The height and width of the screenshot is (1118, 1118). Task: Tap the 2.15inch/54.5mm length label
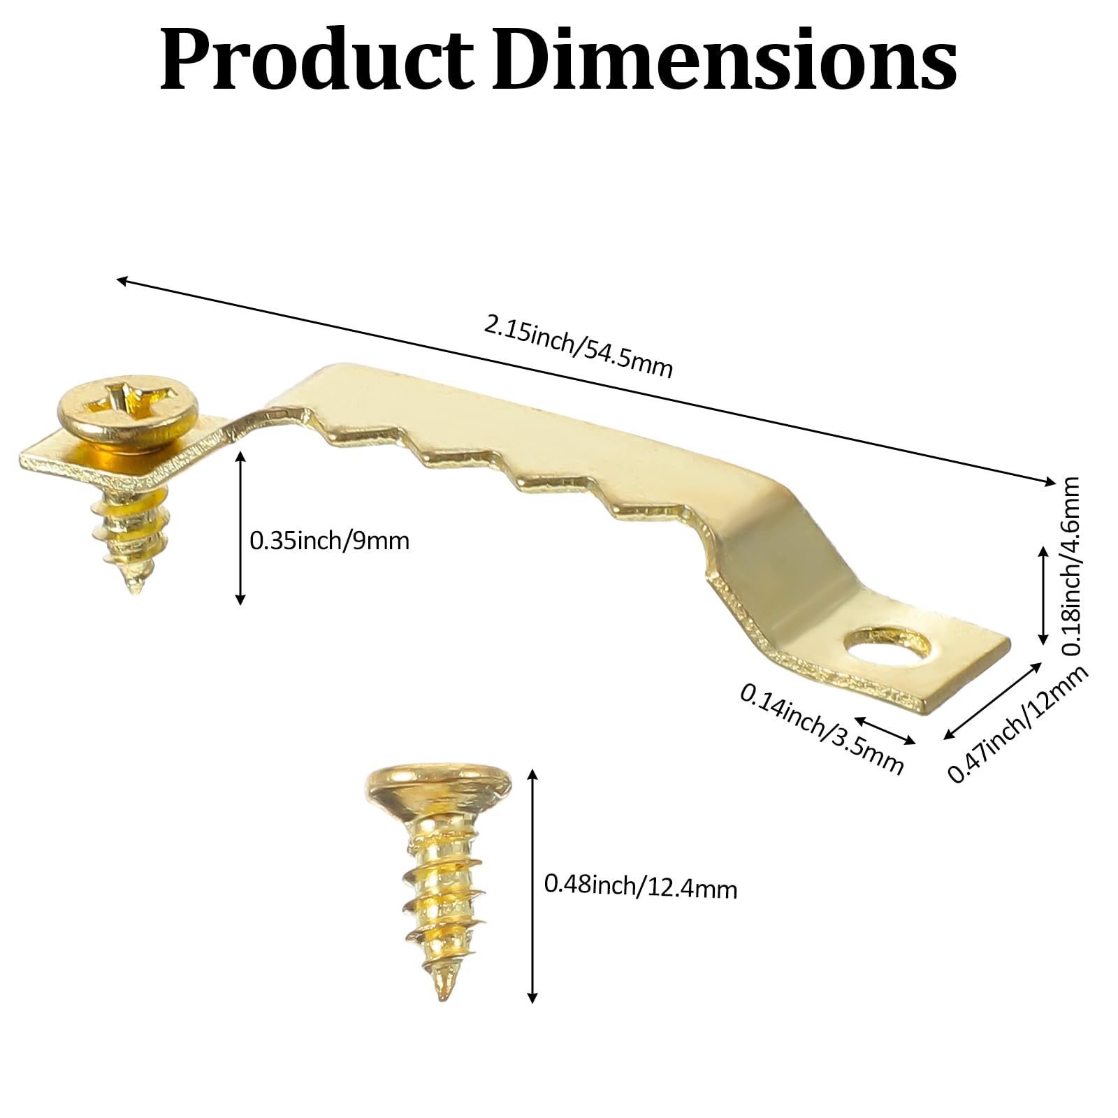click(579, 346)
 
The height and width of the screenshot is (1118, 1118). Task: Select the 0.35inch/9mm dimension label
click(329, 541)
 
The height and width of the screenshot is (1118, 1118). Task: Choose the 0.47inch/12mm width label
click(1017, 724)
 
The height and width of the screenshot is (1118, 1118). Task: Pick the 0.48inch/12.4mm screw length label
click(640, 887)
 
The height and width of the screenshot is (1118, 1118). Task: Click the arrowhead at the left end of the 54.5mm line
click(120, 280)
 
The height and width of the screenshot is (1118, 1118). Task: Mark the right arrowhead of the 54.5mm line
click(1052, 481)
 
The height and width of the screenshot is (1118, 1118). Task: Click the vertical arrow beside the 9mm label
click(240, 528)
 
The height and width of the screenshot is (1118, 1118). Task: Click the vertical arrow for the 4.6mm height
click(1043, 595)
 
